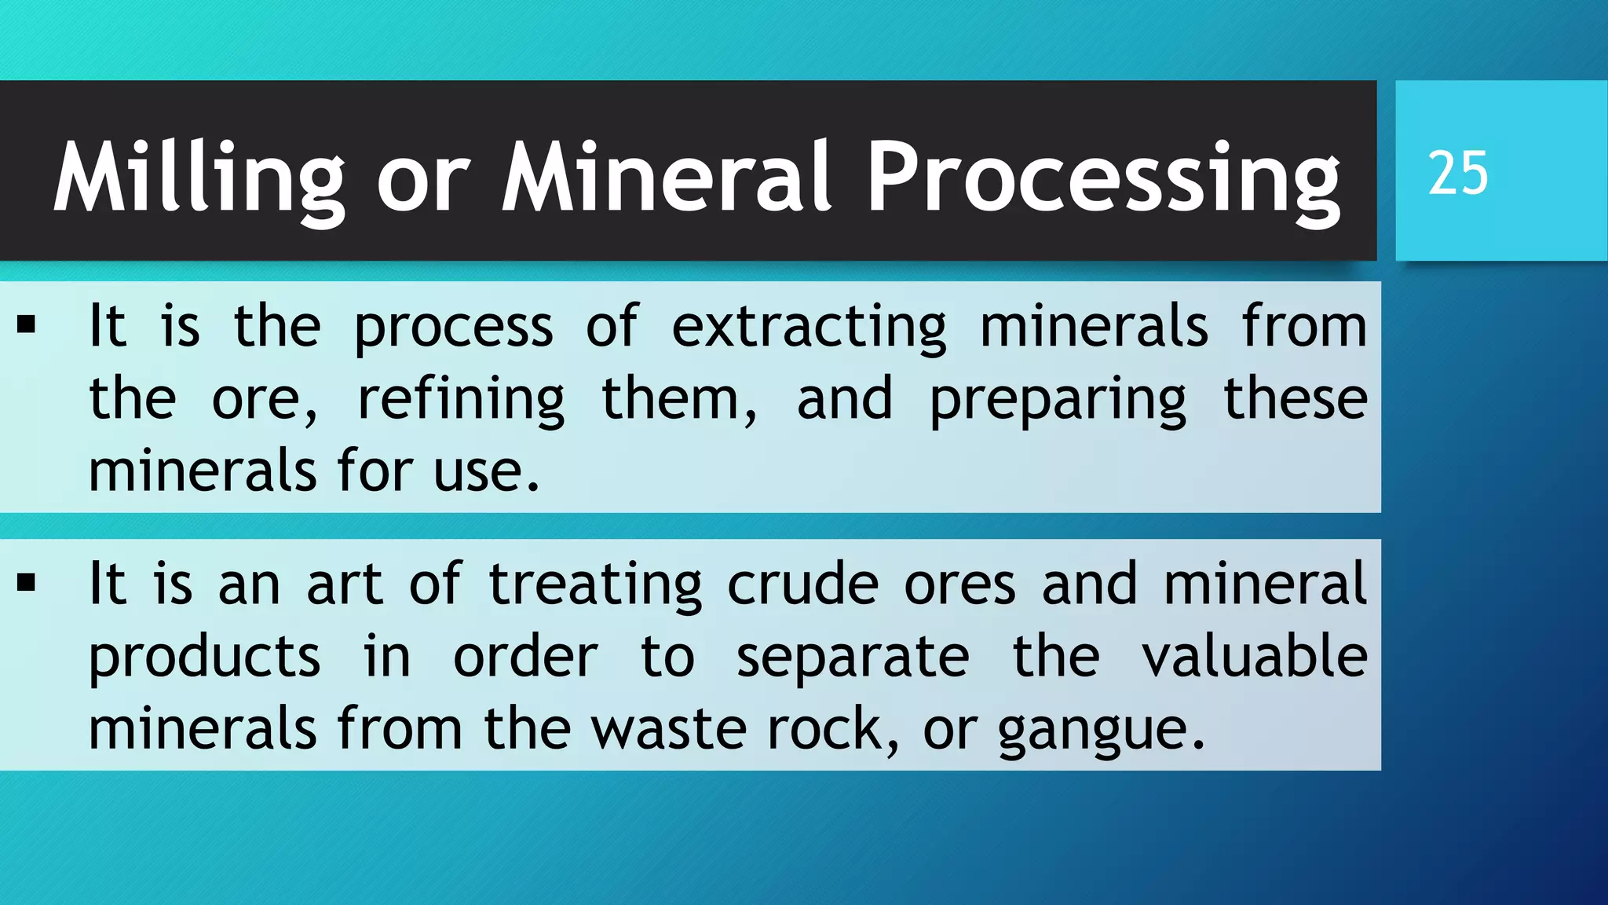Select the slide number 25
coord(1457,173)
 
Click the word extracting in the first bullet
coord(809,326)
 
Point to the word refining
coord(461,399)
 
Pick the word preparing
coord(1058,399)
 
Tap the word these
coord(1296,398)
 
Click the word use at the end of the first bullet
coord(478,471)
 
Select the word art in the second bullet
coord(345,584)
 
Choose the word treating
coord(595,584)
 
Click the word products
coord(204,658)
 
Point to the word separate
coord(853,658)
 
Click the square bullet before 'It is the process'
coord(27,325)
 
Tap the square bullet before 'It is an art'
coord(27,583)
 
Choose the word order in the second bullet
coord(525,658)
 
